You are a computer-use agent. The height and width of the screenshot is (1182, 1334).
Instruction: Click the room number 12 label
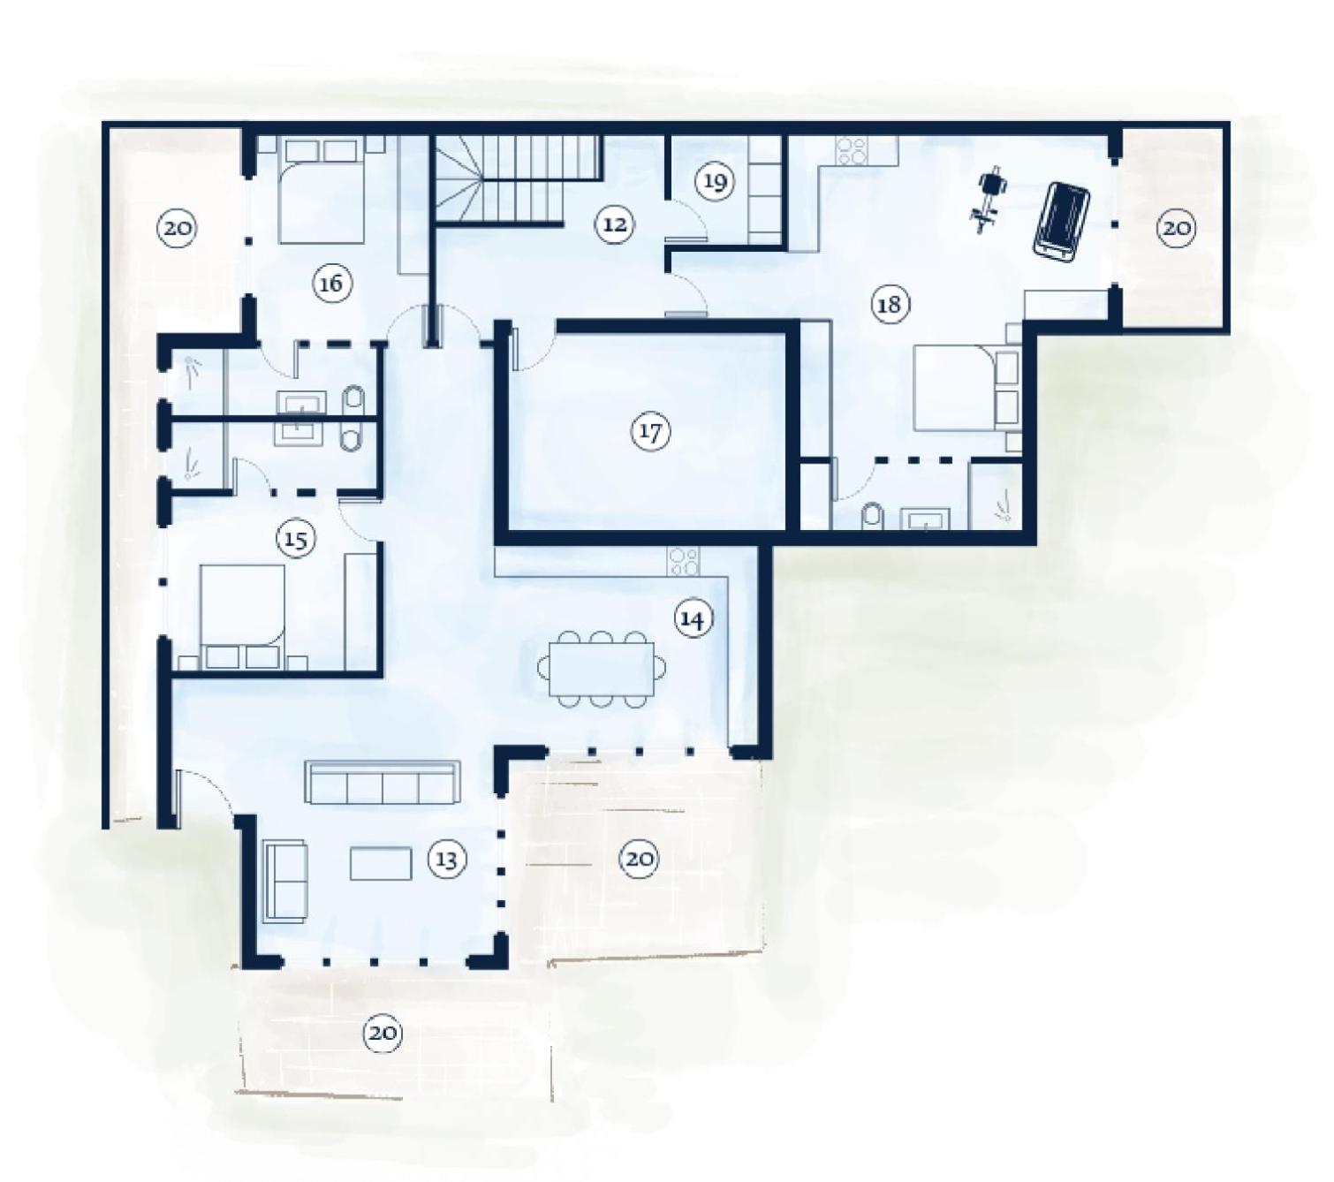click(x=615, y=224)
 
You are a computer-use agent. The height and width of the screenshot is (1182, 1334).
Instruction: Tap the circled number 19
click(x=715, y=181)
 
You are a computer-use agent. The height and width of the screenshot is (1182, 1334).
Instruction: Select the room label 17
click(x=650, y=432)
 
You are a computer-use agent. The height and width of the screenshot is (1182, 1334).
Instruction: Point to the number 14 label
click(x=694, y=619)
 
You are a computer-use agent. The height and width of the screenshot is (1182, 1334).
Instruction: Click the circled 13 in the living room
click(x=446, y=860)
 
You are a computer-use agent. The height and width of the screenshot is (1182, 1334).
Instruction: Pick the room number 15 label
click(x=296, y=539)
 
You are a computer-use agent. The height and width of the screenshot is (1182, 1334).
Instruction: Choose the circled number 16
click(x=331, y=284)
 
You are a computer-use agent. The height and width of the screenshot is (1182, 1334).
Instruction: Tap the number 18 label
click(x=889, y=304)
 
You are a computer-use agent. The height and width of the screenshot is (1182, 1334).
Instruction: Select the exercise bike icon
click(x=989, y=201)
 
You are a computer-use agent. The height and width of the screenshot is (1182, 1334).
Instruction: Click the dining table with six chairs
click(x=602, y=669)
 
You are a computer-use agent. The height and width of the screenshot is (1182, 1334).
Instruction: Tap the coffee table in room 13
click(x=381, y=863)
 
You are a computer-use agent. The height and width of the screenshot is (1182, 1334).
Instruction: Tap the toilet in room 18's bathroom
click(x=872, y=516)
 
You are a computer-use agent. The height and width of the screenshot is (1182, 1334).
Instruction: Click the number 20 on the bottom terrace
click(x=383, y=1034)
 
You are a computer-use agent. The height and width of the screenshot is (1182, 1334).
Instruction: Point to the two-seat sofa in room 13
click(x=285, y=881)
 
